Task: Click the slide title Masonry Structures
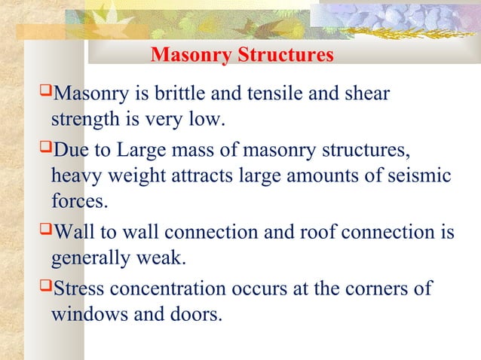(242, 56)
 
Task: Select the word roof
(322, 231)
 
